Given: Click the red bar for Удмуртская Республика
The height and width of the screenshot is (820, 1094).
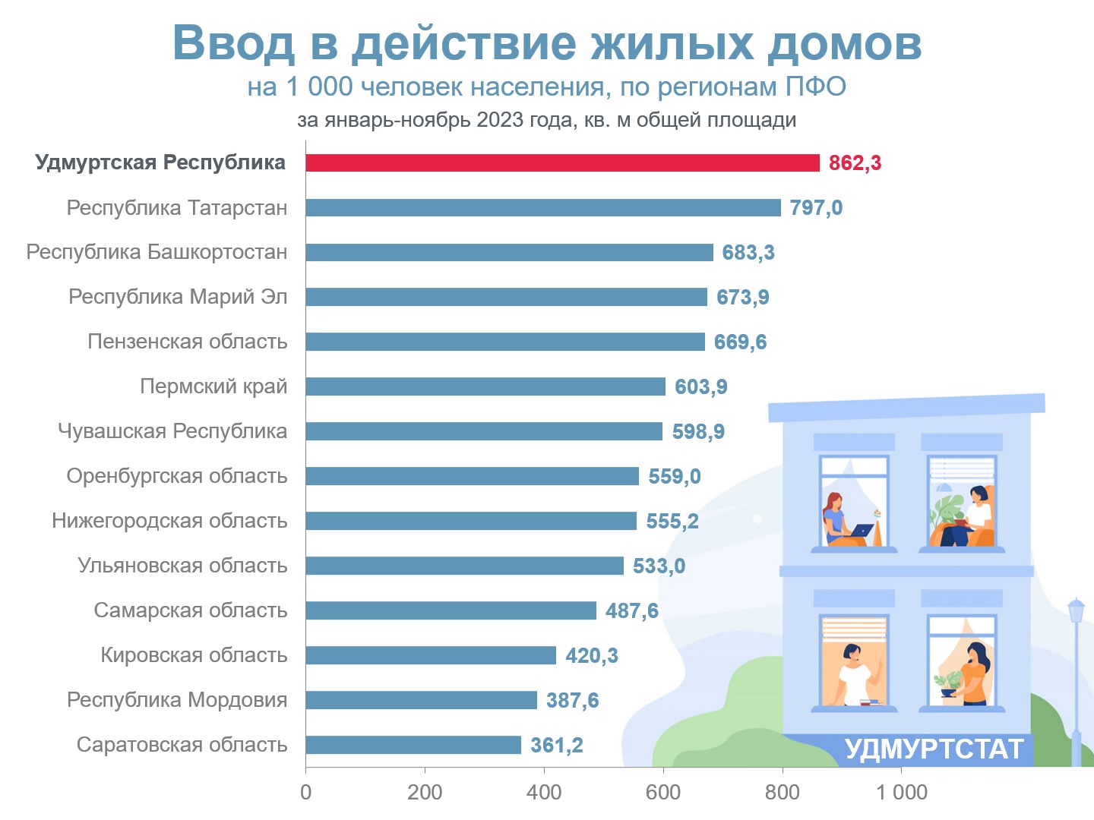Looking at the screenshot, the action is coord(563,162).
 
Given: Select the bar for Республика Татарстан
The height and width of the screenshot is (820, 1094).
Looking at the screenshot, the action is coord(543,207).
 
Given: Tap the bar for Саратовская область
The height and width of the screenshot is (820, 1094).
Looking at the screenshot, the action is coord(414,745).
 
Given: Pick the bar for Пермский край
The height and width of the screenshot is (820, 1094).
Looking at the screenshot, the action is coord(485,386).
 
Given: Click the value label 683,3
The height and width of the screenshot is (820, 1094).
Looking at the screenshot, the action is coord(748,252).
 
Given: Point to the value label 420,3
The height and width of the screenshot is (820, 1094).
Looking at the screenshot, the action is coord(592,656).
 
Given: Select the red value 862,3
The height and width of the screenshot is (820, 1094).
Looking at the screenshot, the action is coord(855,163).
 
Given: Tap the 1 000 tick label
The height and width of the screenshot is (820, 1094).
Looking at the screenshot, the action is coord(902,792).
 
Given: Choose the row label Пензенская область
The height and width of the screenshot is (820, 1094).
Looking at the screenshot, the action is coord(188,342).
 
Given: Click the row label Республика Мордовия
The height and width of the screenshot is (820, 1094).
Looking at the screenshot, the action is coord(177,700).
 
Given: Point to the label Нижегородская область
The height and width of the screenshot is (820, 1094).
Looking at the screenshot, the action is coord(169,521).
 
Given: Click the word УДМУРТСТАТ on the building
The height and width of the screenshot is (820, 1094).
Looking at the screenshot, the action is coord(934,749).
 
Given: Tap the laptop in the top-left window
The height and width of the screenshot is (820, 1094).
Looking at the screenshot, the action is coord(862,530).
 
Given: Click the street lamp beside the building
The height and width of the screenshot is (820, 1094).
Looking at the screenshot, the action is coord(1076,682).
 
